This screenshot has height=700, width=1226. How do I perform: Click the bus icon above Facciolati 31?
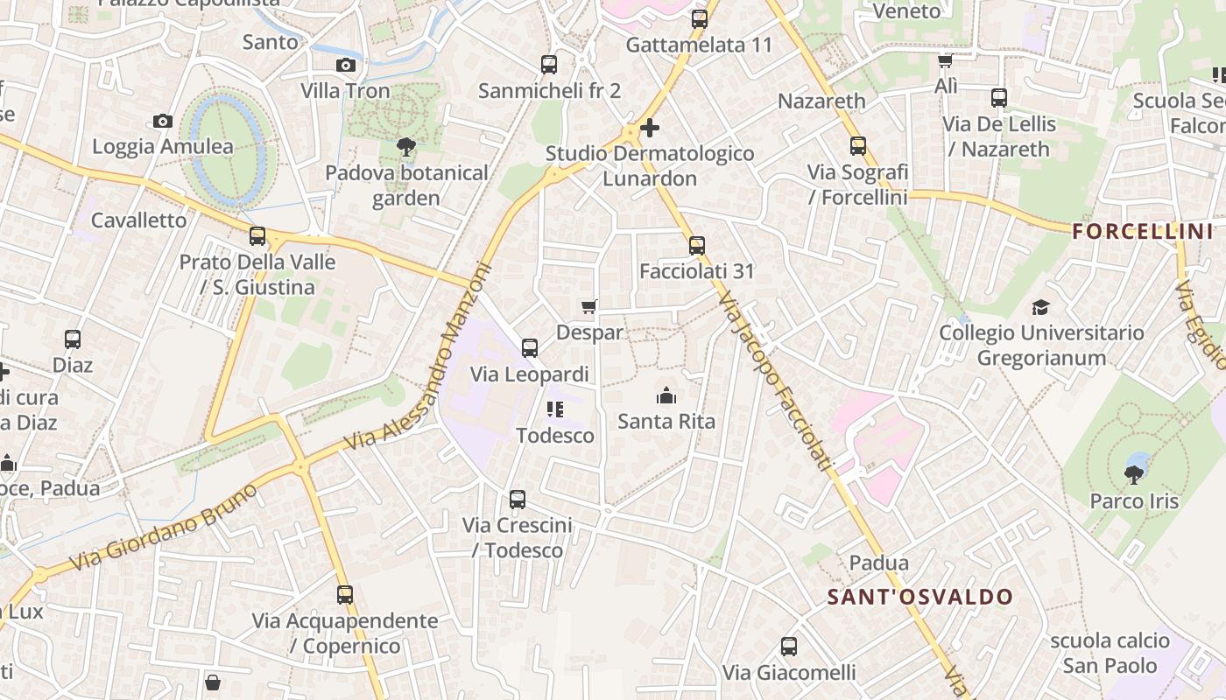point(696,246)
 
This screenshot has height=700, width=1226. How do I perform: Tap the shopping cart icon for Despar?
point(589,306)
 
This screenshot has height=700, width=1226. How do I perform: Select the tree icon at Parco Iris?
point(1134,475)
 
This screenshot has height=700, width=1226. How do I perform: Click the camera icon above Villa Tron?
point(346,65)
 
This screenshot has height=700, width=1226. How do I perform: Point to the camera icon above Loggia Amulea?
point(162,121)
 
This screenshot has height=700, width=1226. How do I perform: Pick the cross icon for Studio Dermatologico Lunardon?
point(649,128)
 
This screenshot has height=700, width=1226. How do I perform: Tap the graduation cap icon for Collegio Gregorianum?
point(1040,307)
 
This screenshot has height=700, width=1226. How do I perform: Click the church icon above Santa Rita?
point(666,395)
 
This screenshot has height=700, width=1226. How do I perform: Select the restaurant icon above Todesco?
point(554,409)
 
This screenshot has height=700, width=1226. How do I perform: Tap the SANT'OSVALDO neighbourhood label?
point(920,598)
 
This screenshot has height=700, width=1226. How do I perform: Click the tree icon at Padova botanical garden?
point(405,146)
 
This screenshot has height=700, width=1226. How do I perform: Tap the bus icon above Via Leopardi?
point(530,348)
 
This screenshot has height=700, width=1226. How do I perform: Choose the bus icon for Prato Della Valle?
point(257,235)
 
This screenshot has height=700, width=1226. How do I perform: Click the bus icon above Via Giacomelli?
point(789,647)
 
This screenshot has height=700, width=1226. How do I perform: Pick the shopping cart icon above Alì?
point(946,60)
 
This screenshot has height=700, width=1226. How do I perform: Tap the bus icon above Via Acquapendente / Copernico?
point(345,595)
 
